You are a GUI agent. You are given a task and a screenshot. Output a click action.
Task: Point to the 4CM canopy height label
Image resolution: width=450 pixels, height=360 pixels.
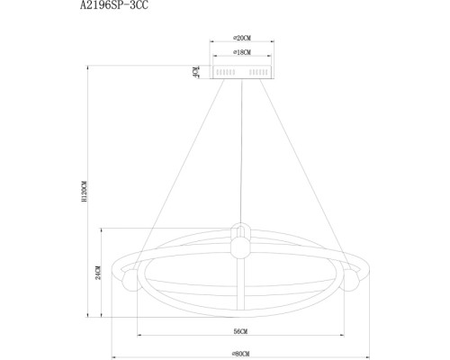194,70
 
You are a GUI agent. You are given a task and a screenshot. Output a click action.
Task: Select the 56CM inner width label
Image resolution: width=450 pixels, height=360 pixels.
238,332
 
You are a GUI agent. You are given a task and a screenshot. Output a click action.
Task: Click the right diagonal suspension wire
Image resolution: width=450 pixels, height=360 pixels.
301,162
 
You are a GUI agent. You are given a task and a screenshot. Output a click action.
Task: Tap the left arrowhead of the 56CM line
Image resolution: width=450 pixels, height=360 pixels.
139,337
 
